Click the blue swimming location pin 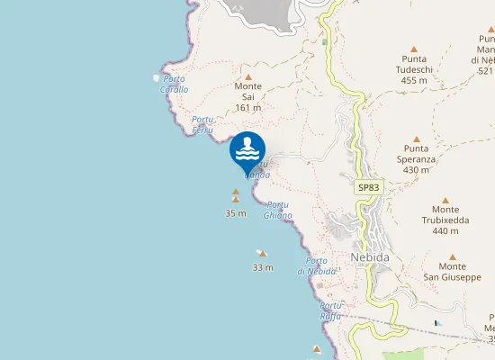[247, 150]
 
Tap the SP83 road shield [368, 187]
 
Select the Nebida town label [370, 256]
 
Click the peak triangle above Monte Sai [248, 76]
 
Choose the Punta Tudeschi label [414, 64]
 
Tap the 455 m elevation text [414, 80]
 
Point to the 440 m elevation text [445, 231]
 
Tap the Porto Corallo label [175, 85]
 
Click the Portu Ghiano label [278, 210]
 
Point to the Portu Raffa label [331, 310]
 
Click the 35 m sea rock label [236, 213]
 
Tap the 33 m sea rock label [263, 267]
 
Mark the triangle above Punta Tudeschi [414, 49]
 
